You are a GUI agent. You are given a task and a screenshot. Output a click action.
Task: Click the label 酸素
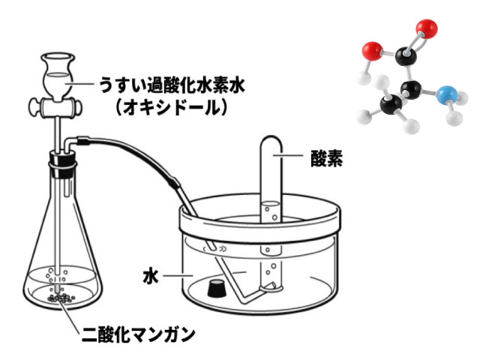326,158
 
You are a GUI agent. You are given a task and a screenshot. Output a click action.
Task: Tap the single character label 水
150,277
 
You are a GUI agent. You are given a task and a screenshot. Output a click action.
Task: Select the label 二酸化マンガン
138,334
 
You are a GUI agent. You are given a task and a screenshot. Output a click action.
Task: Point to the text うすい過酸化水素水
172,85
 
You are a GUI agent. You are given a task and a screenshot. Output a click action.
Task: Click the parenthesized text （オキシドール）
172,107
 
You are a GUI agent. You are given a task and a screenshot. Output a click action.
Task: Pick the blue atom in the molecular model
445,95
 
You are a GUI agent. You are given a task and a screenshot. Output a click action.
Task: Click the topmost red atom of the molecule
427,28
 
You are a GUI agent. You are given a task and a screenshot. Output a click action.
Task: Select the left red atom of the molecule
372,51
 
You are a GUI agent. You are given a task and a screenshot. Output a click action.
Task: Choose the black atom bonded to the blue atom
411,90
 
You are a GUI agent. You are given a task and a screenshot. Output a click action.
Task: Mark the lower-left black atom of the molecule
391,105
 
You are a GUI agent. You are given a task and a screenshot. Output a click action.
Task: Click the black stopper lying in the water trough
217,288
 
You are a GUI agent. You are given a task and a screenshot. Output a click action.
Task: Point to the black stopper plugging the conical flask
62,166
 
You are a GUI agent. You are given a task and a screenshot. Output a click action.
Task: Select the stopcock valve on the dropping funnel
55,106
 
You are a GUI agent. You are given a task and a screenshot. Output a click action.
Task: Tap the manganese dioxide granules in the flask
61,298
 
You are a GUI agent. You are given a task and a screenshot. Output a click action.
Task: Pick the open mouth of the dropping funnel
58,57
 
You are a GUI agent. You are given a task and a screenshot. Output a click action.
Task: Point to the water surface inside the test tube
271,203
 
